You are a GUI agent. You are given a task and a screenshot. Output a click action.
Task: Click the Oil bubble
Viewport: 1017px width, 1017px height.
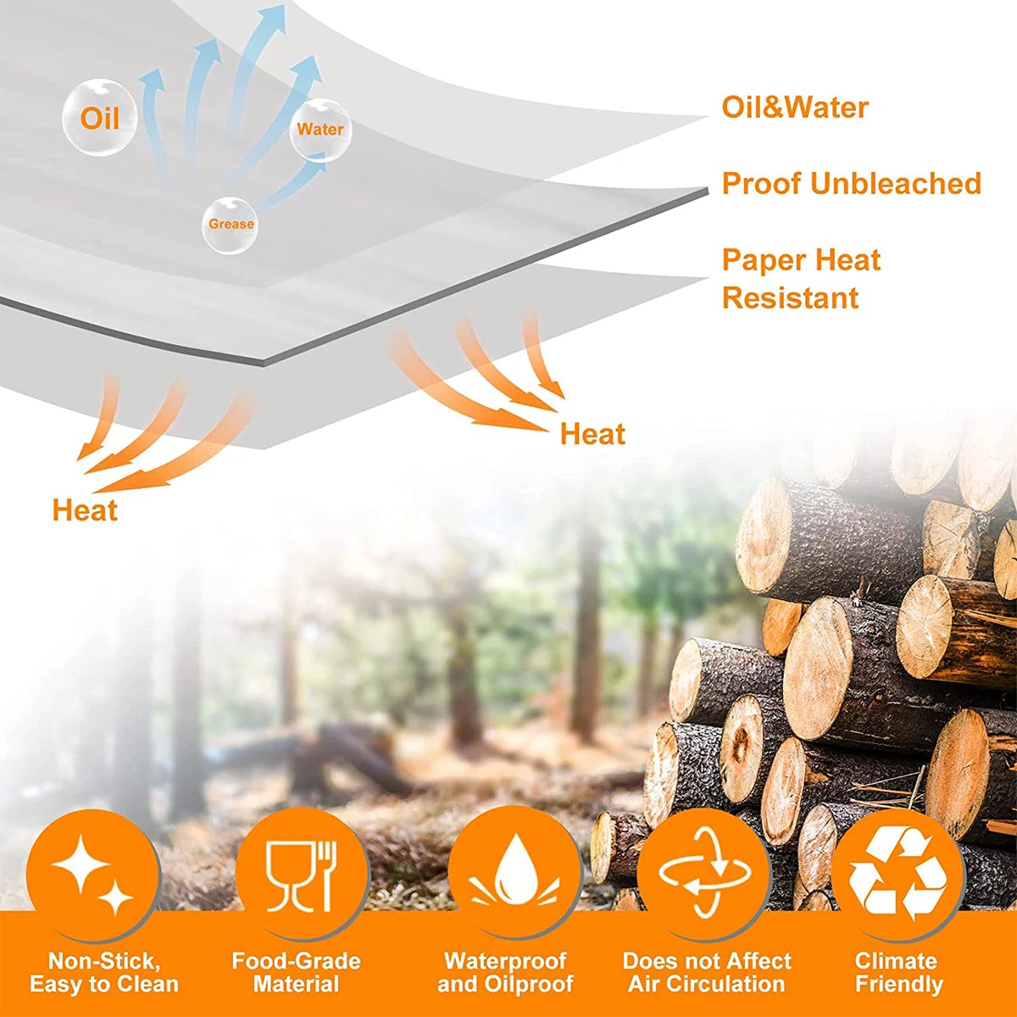tap(100, 117)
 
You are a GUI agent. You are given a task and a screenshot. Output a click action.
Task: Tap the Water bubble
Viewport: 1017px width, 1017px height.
tap(320, 130)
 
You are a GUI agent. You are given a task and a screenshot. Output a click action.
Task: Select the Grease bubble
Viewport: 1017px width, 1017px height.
tap(231, 225)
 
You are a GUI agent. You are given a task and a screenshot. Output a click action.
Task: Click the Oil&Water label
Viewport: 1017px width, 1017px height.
tap(794, 108)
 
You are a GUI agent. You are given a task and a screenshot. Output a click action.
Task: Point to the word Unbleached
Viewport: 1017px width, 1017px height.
tap(896, 184)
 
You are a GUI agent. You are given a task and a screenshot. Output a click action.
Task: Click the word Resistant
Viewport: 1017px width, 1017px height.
tap(790, 298)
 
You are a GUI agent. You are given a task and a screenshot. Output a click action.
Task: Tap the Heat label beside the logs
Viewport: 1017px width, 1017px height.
tap(592, 435)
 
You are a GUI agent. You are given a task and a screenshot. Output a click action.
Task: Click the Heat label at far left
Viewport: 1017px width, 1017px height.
tap(85, 511)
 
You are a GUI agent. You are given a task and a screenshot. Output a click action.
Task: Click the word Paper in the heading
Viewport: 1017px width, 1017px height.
tap(763, 261)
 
